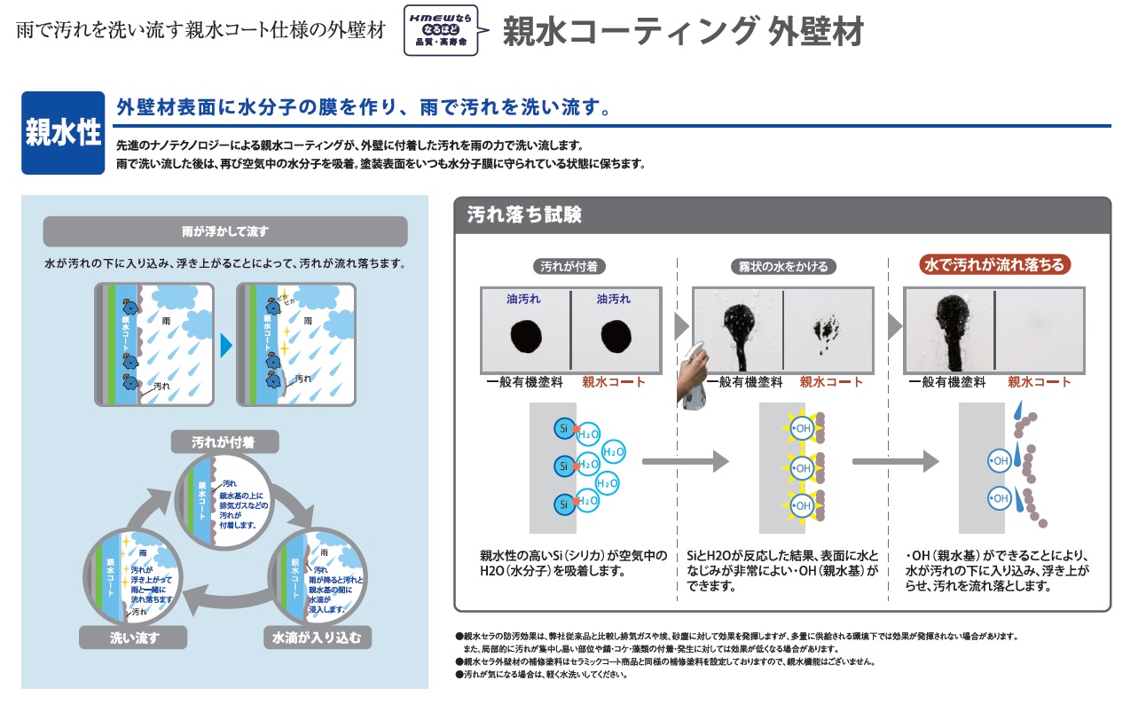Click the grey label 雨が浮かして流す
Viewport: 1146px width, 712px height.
(224, 232)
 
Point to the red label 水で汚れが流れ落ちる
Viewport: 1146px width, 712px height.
(994, 264)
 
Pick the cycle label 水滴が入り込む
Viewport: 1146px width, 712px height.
(317, 638)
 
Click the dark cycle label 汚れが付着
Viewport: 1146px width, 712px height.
(224, 441)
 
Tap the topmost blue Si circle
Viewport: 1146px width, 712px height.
(562, 427)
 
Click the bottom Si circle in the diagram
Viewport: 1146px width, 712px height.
(562, 505)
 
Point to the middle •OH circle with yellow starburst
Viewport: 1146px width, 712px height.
(802, 466)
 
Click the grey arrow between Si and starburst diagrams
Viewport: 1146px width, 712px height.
(685, 461)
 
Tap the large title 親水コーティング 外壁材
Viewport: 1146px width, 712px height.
(682, 33)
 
